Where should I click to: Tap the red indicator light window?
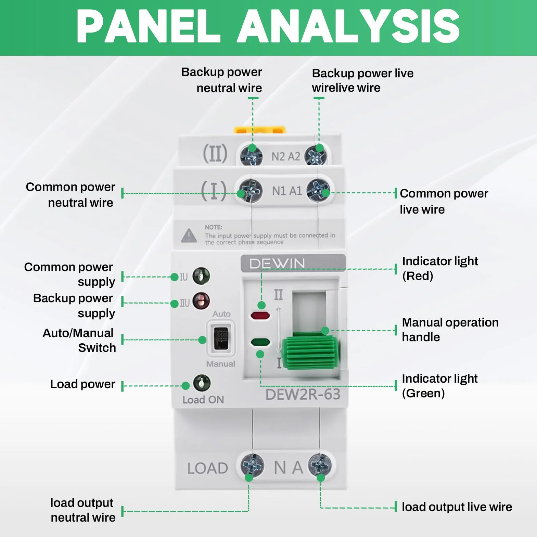260,316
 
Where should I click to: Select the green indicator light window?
260,342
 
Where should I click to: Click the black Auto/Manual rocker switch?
221,338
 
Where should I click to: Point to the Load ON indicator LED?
202,383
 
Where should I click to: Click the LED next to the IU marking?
201,276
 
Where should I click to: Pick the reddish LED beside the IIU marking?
201,301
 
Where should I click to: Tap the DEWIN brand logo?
277,264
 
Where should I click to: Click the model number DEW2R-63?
303,394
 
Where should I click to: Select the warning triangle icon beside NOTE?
189,236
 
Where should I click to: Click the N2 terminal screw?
252,156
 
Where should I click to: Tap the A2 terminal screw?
316,156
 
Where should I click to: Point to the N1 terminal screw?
251,191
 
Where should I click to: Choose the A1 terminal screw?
318,191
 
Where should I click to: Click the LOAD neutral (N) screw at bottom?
252,465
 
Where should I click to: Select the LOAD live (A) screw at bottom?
320,465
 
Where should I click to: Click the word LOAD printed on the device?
208,468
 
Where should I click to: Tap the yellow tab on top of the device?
260,130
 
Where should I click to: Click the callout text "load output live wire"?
457,507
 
